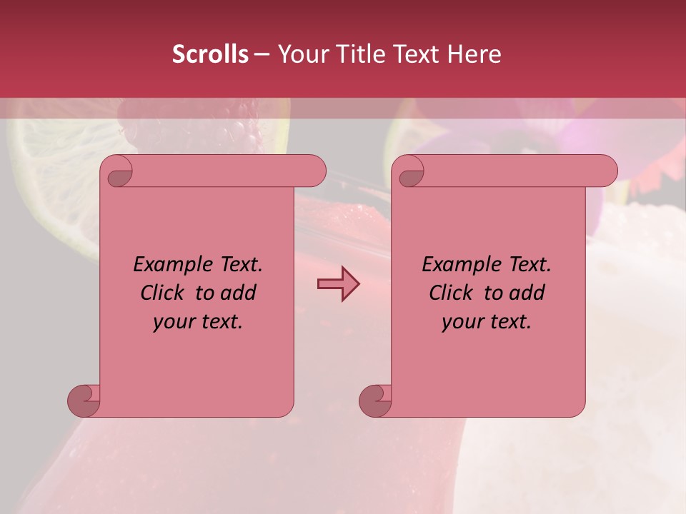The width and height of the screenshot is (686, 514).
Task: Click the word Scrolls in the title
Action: pos(210,54)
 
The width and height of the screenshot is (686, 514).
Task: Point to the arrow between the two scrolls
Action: pos(338,284)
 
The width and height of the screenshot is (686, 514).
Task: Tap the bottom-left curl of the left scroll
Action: pos(84,400)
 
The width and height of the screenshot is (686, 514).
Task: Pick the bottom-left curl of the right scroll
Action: pos(375,400)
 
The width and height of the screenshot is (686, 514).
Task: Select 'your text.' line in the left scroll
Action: pos(198,321)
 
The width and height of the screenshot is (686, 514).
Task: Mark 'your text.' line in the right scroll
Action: pos(487,321)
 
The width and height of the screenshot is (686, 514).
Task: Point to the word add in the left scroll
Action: pos(238,293)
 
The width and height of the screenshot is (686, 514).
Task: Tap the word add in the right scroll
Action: pos(527,293)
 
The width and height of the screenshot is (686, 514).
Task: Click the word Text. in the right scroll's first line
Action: pos(530,264)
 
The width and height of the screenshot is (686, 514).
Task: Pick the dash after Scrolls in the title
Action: pos(262,54)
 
